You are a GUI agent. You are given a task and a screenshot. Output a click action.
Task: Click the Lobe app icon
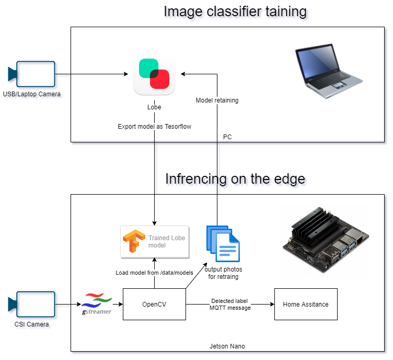pos(154,75)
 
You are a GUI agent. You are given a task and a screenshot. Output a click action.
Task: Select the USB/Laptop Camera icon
pos(32,74)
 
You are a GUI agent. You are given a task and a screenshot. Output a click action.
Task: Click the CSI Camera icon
pos(32,305)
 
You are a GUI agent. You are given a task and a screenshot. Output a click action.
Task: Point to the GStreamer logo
pos(97,304)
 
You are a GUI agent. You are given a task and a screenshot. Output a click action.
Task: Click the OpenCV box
pos(154,304)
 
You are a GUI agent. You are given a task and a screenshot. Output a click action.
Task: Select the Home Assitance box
pos(306,304)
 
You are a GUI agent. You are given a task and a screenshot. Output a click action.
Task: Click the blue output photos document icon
pos(223,243)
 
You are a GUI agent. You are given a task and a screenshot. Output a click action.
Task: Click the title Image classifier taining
pos(235,12)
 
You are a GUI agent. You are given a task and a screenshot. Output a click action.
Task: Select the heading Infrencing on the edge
pos(235,179)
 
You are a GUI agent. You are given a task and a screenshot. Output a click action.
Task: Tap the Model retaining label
pos(217,100)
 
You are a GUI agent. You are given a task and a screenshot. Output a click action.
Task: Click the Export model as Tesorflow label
pos(154,126)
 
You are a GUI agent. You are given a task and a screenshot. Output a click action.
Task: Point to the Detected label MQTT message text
pos(230,305)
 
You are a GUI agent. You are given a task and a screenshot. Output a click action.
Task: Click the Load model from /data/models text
pos(154,273)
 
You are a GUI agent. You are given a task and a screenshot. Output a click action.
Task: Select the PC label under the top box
pos(227,137)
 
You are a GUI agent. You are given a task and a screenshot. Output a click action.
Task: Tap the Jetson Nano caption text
pos(227,346)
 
